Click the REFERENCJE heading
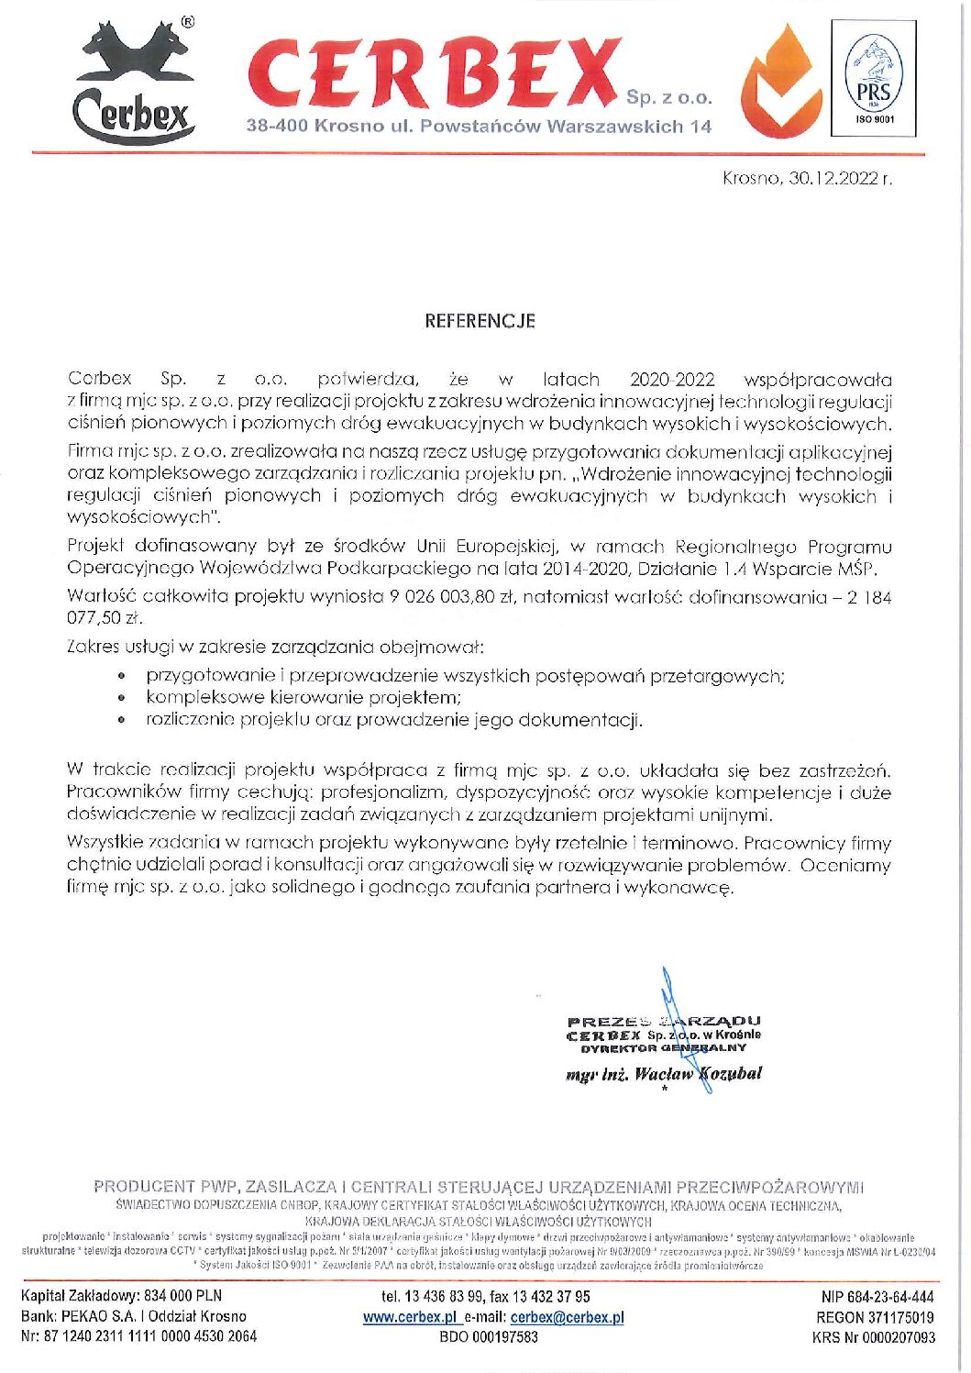[x=480, y=321]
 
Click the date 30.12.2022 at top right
[x=833, y=178]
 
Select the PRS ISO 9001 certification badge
[x=872, y=80]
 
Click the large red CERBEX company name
[x=436, y=72]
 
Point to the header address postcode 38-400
[x=276, y=127]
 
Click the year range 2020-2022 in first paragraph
[x=670, y=379]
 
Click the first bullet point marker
[x=123, y=677]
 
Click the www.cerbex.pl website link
[x=409, y=1317]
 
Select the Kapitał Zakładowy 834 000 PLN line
[x=121, y=1297]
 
